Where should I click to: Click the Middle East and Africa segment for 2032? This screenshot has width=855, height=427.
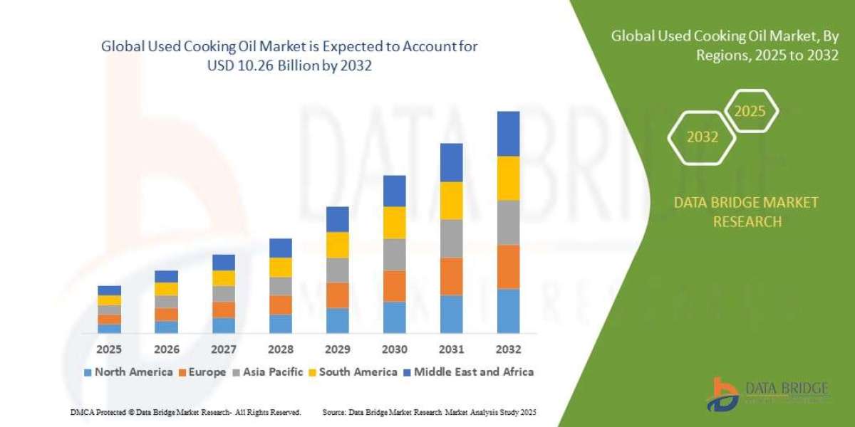[x=508, y=134]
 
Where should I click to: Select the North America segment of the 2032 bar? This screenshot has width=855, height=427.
[x=508, y=311]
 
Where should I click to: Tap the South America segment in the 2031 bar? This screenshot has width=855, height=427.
[x=451, y=201]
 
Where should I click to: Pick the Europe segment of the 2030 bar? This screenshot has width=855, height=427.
[x=394, y=286]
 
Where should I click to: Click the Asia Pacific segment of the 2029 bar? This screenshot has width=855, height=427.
[x=337, y=270]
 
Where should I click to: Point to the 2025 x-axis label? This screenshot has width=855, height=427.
[x=109, y=349]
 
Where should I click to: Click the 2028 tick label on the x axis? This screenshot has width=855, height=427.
[x=280, y=349]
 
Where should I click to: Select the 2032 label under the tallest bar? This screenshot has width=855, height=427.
[x=508, y=349]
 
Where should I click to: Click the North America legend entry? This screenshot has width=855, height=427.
[x=128, y=371]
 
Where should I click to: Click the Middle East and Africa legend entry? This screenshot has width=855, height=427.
[x=468, y=371]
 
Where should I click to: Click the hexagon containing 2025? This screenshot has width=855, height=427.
[x=750, y=112]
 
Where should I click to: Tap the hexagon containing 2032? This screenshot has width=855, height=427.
[x=703, y=137]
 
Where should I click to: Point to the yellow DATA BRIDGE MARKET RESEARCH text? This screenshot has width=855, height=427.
[x=747, y=212]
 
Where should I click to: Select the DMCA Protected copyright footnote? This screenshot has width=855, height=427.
[x=186, y=412]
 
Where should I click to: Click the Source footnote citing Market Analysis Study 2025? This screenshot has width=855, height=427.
[x=429, y=412]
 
